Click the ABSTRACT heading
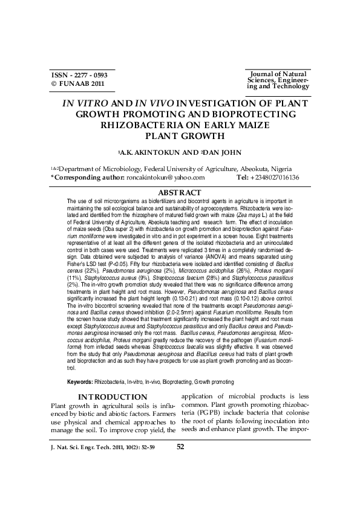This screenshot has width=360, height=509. coord(180,192)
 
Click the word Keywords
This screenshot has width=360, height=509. coord(80,382)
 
